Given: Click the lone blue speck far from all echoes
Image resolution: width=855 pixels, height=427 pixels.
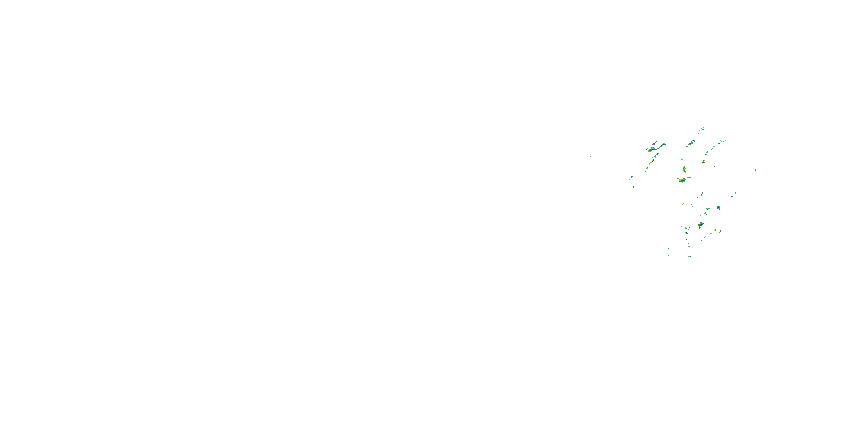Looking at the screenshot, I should coord(217,32).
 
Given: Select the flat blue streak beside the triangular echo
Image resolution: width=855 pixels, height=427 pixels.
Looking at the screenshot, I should coord(689,177).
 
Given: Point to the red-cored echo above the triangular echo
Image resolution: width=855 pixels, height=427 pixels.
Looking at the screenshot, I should coord(684,169).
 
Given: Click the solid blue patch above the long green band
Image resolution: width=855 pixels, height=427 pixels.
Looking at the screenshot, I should coord(654,143).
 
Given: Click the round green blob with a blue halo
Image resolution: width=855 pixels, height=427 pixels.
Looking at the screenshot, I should coord(718,208).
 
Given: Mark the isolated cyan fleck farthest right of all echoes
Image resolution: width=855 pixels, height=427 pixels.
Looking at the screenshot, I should coord(755,169).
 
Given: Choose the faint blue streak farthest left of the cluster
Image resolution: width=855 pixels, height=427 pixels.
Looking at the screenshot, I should coord(590,157).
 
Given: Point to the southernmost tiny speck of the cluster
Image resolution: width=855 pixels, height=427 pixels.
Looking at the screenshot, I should coord(654,265).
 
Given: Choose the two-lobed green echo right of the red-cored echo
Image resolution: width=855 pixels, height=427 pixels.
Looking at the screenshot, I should coord(703,161).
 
